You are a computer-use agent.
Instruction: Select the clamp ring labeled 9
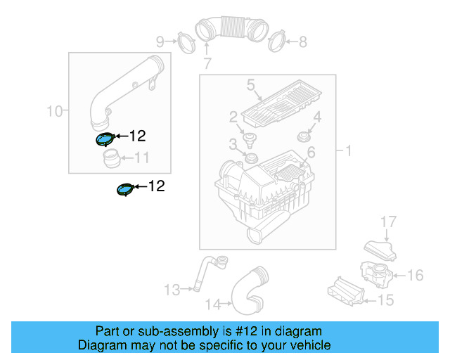185,41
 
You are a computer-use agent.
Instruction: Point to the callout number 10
53,110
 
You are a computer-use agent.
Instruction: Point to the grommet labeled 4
304,134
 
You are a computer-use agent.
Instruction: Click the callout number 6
311,152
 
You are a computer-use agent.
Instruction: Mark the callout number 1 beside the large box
347,150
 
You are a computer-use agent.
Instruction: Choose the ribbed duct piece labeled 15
345,290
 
